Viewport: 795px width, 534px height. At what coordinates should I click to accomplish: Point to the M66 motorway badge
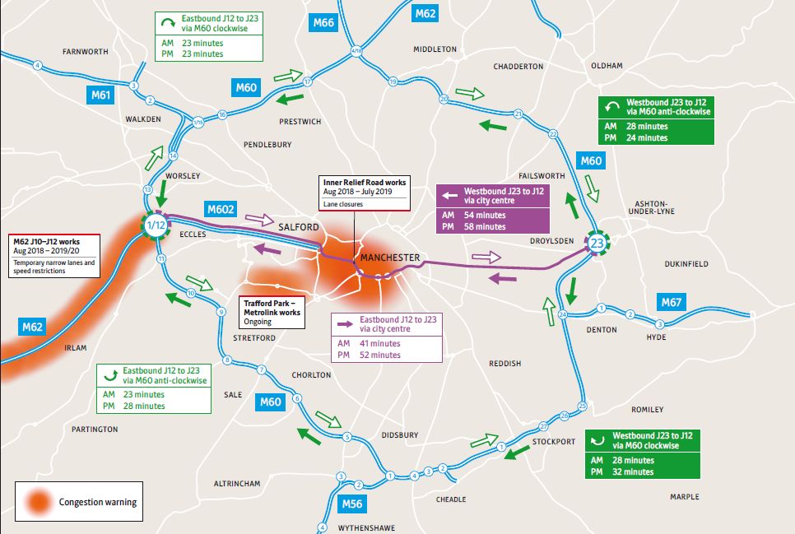tap(323, 22)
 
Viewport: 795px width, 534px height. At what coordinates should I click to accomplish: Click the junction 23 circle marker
tap(597, 244)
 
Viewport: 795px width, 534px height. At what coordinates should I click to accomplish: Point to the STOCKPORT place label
tap(553, 442)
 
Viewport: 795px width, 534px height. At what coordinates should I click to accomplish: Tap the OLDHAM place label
tap(607, 66)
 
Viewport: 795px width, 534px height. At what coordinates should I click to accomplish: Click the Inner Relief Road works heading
tap(363, 182)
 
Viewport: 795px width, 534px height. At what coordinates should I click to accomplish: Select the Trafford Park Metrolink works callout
tap(272, 307)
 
